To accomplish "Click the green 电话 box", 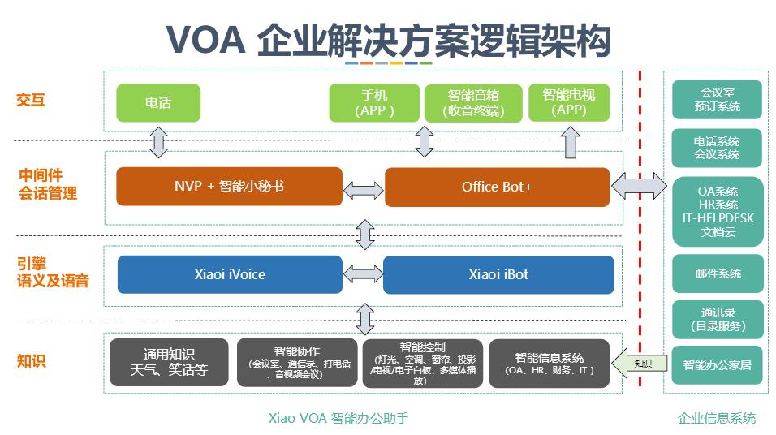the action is [x=158, y=103].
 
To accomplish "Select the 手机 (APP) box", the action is [x=374, y=103].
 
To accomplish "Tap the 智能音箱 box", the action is [x=473, y=103].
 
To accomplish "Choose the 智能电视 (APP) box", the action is [x=569, y=102].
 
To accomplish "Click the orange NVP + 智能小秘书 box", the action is [x=229, y=187].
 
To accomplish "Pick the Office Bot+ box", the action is [x=498, y=187].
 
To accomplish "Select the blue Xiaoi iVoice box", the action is [x=231, y=274].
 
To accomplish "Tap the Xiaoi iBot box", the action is [x=498, y=274].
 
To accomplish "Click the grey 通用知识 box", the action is [x=169, y=363].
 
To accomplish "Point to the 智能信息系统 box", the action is [x=550, y=364].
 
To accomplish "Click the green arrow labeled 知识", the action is [x=640, y=364].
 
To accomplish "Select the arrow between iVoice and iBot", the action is [x=363, y=274].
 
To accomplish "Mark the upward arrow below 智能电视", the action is [x=570, y=143].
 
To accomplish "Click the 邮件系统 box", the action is [x=718, y=273].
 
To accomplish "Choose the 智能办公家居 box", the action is [x=717, y=365].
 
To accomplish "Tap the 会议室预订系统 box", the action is [x=717, y=100].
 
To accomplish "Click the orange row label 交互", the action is [x=31, y=100].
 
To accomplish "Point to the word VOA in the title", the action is [x=206, y=40].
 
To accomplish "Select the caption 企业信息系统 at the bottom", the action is [x=717, y=418].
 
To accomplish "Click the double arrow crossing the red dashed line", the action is [x=640, y=186].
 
